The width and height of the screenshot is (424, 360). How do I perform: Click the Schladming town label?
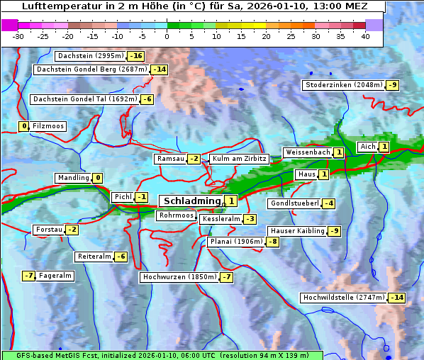[192, 201]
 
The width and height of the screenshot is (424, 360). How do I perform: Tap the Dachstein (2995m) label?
[91, 56]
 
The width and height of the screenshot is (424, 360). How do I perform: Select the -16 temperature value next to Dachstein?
[136, 56]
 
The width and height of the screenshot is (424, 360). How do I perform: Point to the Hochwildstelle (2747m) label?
[344, 298]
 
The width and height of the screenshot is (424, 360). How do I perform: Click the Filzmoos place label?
[48, 126]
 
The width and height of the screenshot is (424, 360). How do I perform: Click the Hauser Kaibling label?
[297, 231]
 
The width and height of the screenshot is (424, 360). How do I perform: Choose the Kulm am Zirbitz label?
[239, 159]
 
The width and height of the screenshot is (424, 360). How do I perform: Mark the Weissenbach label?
[307, 152]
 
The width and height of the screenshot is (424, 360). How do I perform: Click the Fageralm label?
[55, 276]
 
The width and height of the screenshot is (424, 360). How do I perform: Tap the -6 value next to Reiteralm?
[121, 257]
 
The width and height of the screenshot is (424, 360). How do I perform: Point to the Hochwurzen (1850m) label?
[179, 277]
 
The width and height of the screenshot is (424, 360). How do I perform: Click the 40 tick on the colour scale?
[365, 36]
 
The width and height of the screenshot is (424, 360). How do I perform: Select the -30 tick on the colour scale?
[18, 36]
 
